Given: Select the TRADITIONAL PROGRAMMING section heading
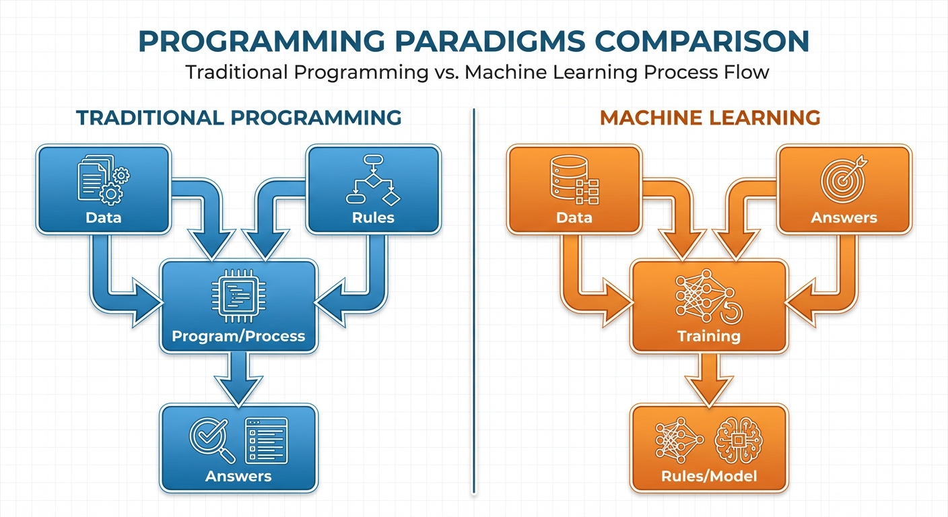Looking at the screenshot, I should (x=238, y=118).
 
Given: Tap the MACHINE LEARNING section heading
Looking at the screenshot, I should (x=710, y=118).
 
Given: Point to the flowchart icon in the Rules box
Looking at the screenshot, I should (x=372, y=180).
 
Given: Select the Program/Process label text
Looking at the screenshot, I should (x=238, y=336).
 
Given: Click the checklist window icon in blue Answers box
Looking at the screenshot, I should (x=265, y=440).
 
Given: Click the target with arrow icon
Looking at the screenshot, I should (x=843, y=178).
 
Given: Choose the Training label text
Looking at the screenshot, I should (x=709, y=336).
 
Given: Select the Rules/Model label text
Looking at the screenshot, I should (x=709, y=477).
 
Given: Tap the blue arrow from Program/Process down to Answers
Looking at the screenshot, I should (x=238, y=378).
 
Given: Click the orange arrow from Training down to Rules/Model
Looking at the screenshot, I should (x=709, y=378).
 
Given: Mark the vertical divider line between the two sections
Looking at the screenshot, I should (x=475, y=303).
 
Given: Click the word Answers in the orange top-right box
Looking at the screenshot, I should (x=844, y=217).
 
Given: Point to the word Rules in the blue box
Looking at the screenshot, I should (x=372, y=217).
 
